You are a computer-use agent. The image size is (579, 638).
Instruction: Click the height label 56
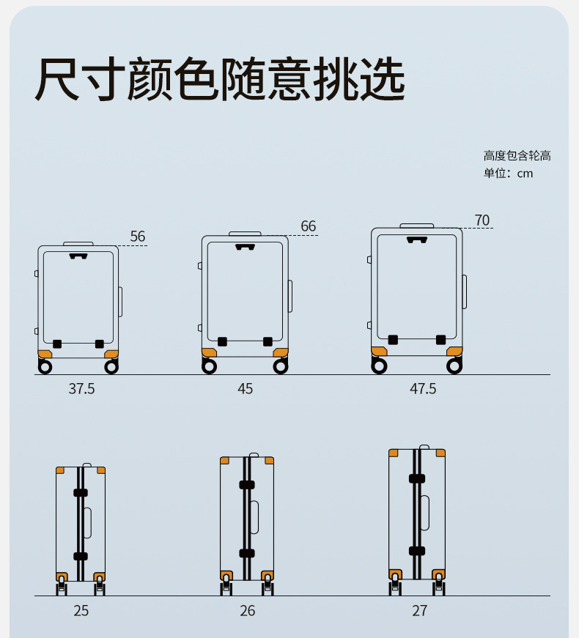click(138, 237)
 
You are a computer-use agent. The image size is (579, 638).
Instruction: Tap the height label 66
click(309, 226)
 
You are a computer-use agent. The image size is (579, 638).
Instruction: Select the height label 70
click(482, 220)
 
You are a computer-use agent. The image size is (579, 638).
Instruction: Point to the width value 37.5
click(81, 389)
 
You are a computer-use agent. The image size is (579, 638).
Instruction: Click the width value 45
click(245, 389)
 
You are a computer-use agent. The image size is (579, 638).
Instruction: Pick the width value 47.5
click(423, 389)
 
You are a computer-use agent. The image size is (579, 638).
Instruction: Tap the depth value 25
click(81, 610)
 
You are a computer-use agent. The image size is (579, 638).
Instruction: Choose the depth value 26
click(248, 610)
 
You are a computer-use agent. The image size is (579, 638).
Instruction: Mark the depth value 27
click(419, 610)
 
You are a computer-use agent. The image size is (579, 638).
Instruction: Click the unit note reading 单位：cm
click(508, 174)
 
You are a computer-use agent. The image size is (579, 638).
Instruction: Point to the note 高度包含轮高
click(517, 155)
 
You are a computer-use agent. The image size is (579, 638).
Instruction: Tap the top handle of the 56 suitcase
click(78, 242)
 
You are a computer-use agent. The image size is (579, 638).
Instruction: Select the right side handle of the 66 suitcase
click(290, 296)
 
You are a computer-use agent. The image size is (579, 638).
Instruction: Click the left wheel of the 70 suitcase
click(379, 366)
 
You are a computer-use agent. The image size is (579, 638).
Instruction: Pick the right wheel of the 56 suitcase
click(111, 366)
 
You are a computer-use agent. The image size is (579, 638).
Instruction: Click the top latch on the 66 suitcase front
click(244, 247)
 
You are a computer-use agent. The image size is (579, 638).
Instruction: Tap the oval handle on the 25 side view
click(87, 522)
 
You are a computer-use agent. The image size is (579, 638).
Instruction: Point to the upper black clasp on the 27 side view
click(417, 478)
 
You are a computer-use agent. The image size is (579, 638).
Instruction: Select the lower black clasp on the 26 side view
click(247, 553)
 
